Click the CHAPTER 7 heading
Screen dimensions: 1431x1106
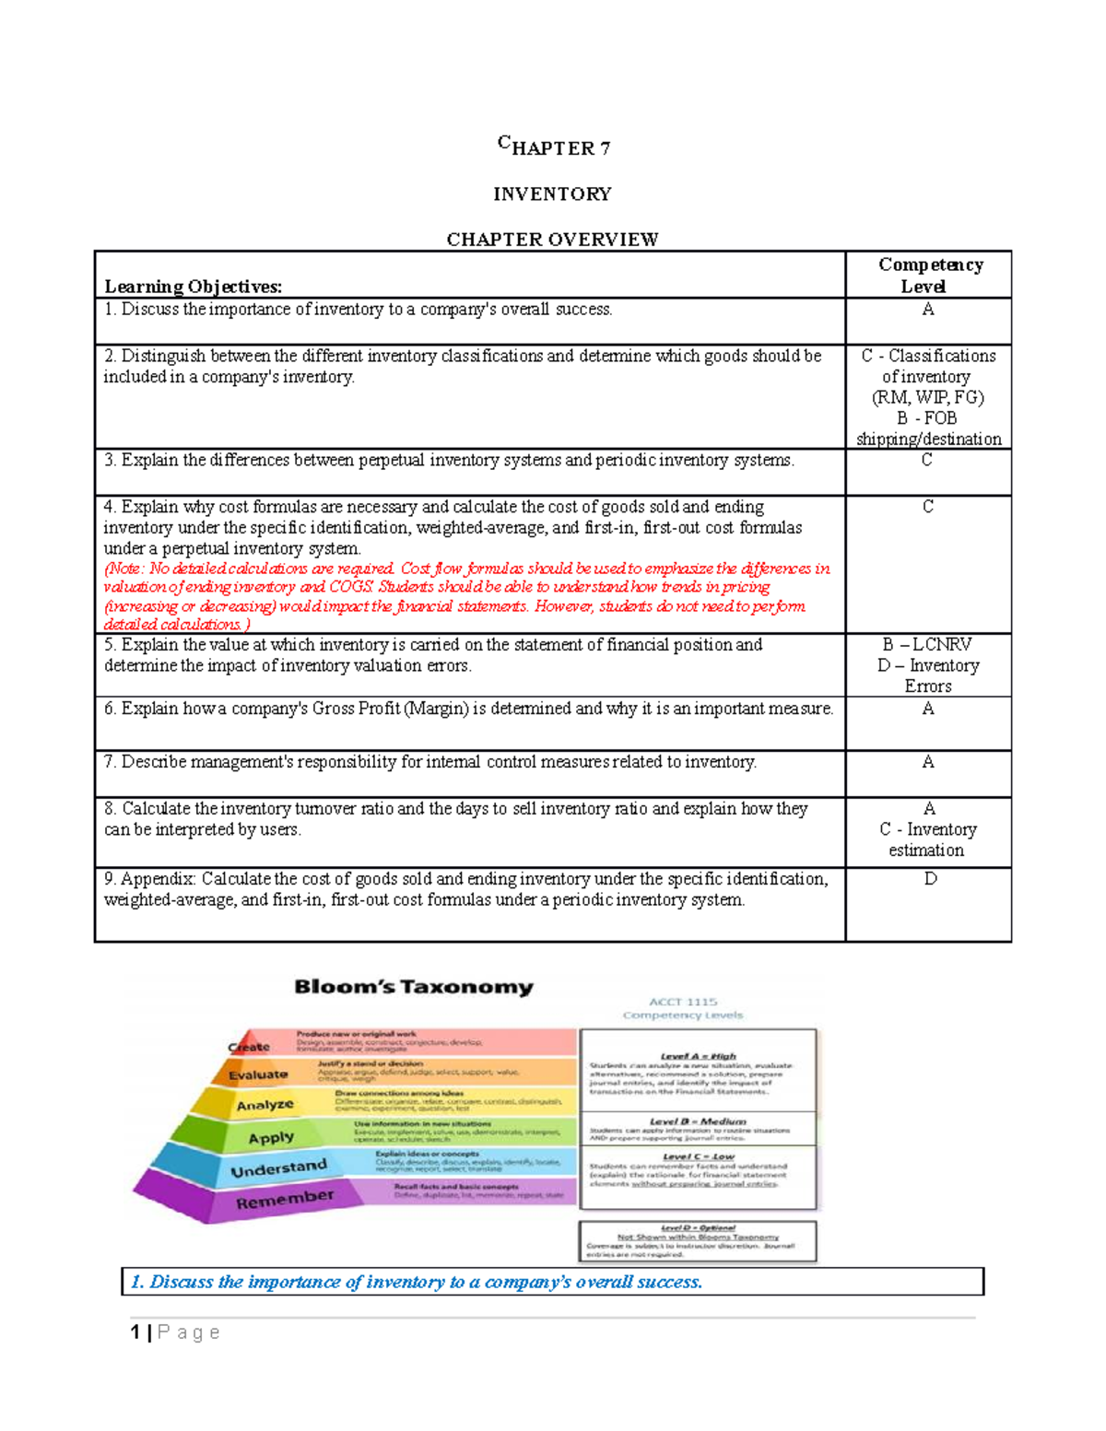553,147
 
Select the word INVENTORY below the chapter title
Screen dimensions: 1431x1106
552,194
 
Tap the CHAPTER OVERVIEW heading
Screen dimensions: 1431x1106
552,240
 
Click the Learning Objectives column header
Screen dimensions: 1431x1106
194,287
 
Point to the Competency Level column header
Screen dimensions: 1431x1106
929,275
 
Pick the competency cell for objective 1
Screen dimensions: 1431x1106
928,310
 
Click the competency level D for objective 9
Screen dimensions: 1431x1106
930,879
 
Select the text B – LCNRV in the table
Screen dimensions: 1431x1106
927,645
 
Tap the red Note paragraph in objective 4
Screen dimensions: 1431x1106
466,596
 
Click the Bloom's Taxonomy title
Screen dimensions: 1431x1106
414,987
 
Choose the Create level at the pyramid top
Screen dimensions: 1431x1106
250,1047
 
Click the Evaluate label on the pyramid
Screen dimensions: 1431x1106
258,1074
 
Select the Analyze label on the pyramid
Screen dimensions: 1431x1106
265,1105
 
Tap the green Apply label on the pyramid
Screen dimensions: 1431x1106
271,1138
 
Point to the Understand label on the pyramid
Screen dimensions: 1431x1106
278,1169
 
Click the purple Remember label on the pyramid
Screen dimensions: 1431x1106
285,1200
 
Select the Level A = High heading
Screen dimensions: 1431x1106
698,1056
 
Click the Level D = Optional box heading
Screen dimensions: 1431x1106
698,1228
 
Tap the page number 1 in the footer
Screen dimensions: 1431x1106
135,1332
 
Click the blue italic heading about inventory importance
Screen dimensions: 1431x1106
417,1282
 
